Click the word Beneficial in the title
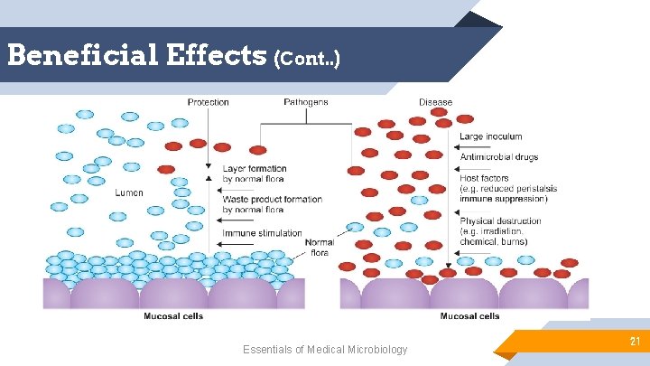coord(83,56)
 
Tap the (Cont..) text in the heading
coord(310,59)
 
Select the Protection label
coord(208,102)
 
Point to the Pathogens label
coord(306,102)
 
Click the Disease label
coord(435,102)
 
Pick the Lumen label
coord(129,192)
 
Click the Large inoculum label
coord(490,136)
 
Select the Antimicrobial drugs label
coord(498,157)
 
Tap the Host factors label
coord(484,179)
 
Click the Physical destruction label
coord(500,221)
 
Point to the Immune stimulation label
coord(263,234)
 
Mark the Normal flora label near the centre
coord(319,247)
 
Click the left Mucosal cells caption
coord(173,316)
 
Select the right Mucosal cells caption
coord(469,316)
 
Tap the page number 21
coord(635,341)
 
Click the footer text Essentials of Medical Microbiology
coord(325,350)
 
